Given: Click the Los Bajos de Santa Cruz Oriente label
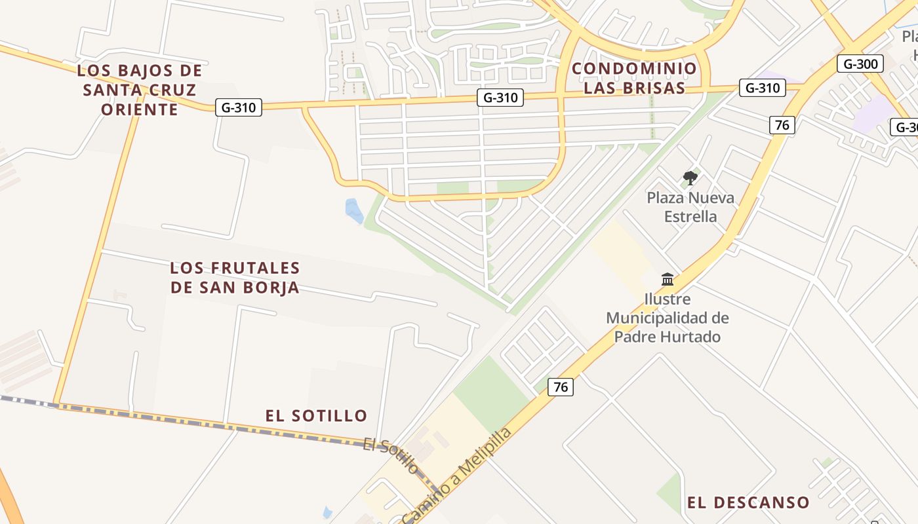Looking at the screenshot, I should coord(140,90).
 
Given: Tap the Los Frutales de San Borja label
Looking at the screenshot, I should coord(235,277).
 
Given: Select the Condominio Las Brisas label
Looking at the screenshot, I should coord(633,78).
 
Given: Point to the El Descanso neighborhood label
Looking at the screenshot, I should coord(748,502).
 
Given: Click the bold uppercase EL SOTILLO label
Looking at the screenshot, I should coord(316,415).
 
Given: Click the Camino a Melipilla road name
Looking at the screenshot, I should coord(457,476).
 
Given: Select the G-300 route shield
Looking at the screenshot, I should coord(860,64).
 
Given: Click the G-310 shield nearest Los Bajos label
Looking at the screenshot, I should coord(239,107).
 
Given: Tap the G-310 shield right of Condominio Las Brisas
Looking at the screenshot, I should coord(762,88).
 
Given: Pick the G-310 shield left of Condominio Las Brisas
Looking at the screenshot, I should coord(500,98).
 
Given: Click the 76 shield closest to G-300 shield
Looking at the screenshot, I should coord(782,124).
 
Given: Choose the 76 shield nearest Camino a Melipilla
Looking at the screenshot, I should coord(561,386).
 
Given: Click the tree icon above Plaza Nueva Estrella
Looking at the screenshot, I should coord(690,178).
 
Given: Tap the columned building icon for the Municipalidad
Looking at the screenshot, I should coord(668,280).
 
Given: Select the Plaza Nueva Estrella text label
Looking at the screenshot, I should coord(690,207).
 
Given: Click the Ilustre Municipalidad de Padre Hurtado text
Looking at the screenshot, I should coord(668,318).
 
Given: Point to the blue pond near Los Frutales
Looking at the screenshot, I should coord(353,210).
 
